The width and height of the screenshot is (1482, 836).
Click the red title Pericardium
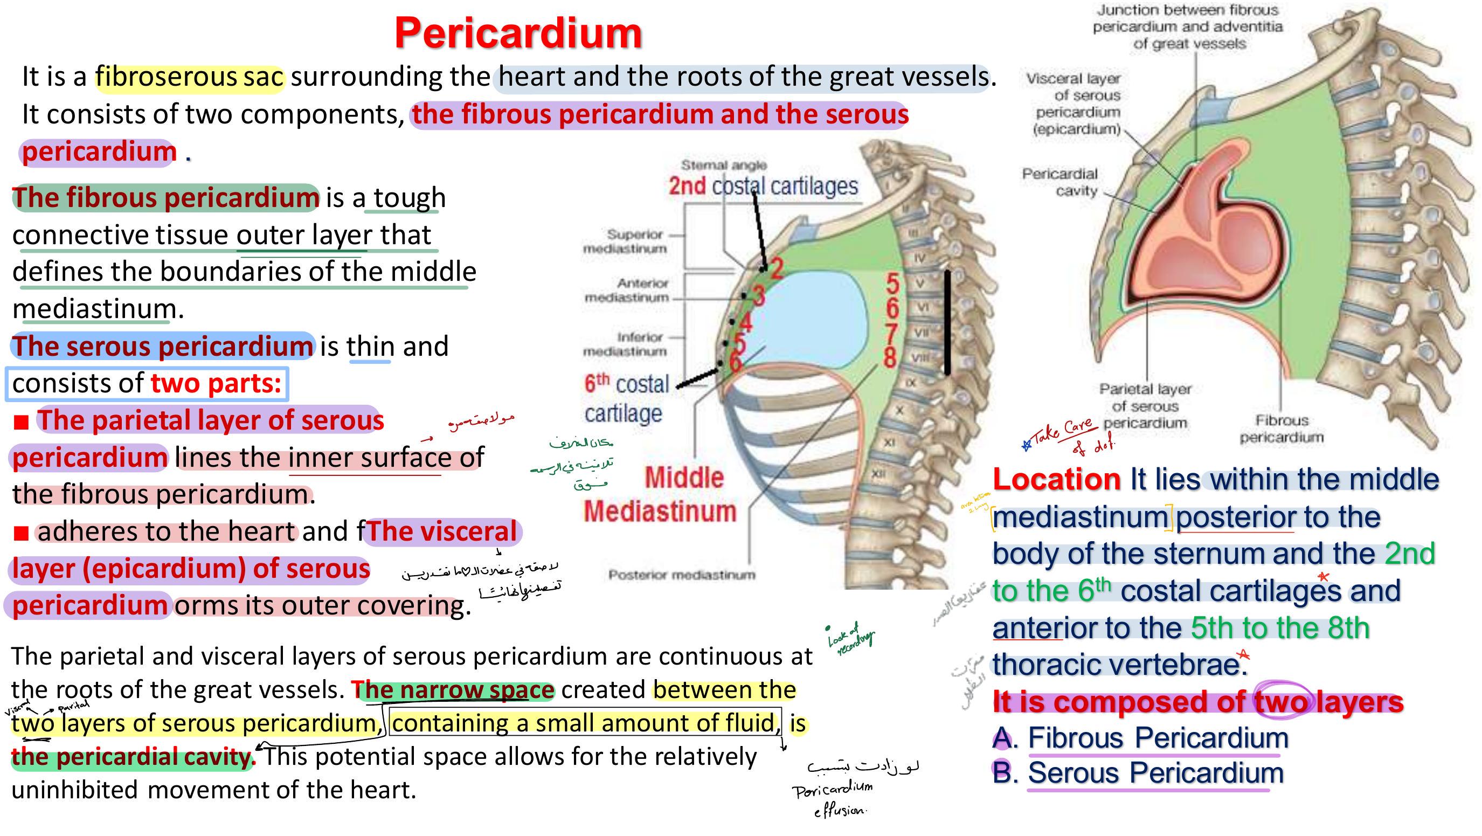pos(518,33)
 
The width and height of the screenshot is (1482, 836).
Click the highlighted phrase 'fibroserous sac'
pos(189,77)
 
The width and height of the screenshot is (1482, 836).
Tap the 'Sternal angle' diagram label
pos(724,165)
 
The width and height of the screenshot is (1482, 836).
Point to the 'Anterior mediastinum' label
pos(627,290)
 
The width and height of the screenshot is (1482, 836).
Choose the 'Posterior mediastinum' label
pos(682,575)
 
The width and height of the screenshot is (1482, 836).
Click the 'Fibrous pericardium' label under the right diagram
pos(1281,429)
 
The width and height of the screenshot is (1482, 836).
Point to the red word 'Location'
pos(1056,479)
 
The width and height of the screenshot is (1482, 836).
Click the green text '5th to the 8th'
pos(1279,628)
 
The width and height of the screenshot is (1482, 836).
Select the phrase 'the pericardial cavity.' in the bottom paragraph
pos(133,757)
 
